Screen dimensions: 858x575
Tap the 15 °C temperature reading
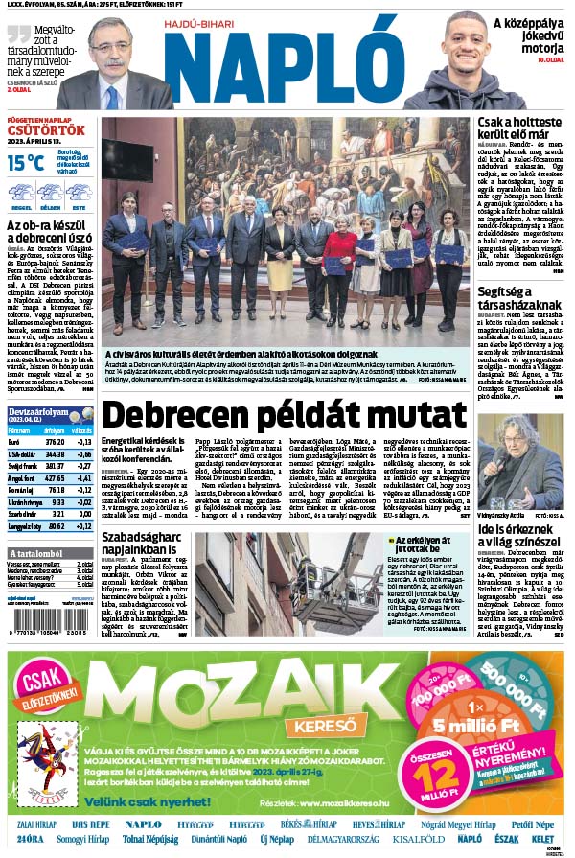26,163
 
